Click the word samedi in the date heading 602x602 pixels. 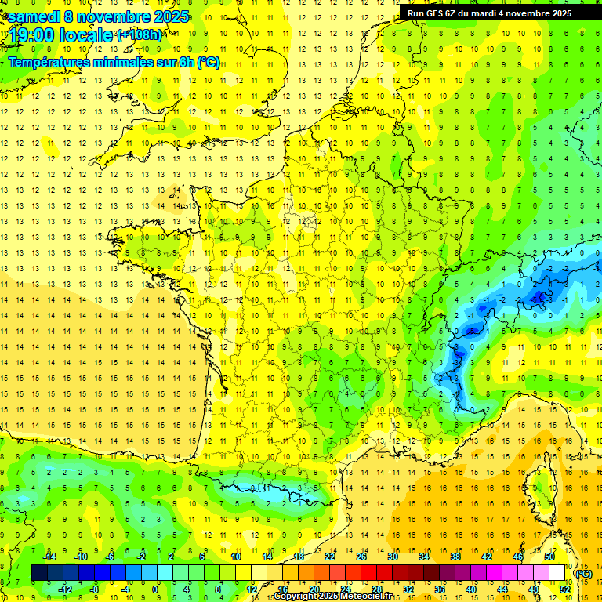point(34,16)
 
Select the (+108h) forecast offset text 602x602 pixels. point(139,35)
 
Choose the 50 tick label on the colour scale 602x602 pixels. point(549,557)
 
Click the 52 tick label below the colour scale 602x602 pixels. point(565,589)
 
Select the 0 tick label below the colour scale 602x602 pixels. point(155,589)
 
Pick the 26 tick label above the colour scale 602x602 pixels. point(361,557)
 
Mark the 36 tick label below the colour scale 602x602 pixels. point(440,589)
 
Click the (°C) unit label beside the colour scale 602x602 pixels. point(584,574)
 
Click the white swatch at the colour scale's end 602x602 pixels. point(557,573)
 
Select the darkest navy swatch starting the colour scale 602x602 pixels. point(40,573)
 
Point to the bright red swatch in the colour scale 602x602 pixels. point(369,573)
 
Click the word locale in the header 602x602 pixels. point(85,36)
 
